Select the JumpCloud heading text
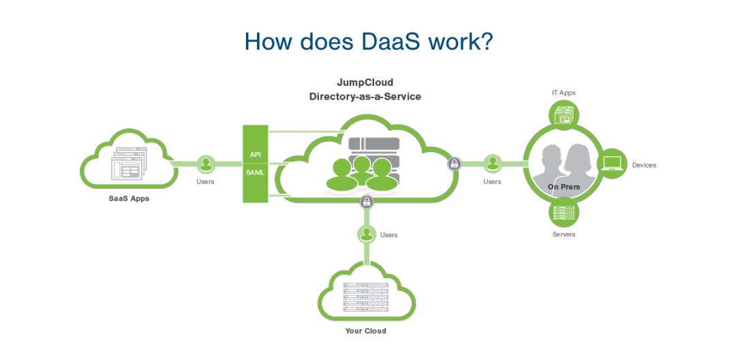[365, 82]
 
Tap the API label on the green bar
[256, 154]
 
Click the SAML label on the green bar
[256, 172]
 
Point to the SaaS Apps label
[129, 198]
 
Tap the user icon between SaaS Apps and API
[206, 164]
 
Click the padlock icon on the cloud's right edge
[454, 164]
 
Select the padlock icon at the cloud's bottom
[367, 202]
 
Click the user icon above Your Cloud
[367, 234]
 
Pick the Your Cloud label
[366, 331]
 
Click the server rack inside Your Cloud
[366, 297]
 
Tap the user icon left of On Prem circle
[493, 164]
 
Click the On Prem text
[564, 187]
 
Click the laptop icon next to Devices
[612, 164]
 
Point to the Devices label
[644, 165]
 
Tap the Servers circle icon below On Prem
[564, 212]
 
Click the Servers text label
[564, 234]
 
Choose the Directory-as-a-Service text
[365, 97]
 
